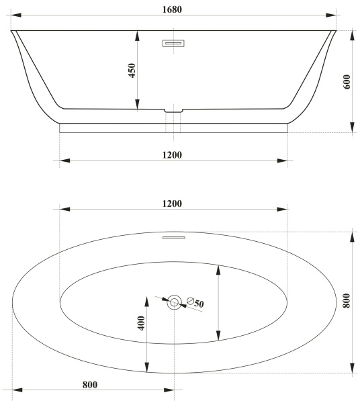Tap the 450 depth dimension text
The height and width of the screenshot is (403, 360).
pos(132,70)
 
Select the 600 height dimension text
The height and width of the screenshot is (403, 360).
pos(347,81)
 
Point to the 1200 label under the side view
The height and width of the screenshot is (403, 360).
pos(173,155)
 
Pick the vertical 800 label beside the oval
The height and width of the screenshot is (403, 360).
pos(347,302)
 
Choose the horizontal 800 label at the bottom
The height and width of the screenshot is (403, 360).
pos(90,385)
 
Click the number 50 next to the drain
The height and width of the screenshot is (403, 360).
pos(199,304)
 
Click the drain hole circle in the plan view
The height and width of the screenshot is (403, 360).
pos(175,302)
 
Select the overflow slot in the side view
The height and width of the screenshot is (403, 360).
pos(174,44)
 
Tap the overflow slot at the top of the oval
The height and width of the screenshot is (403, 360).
pos(174,236)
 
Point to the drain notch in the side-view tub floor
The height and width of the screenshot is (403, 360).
pos(174,108)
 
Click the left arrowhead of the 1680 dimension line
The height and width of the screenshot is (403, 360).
pos(15,15)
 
